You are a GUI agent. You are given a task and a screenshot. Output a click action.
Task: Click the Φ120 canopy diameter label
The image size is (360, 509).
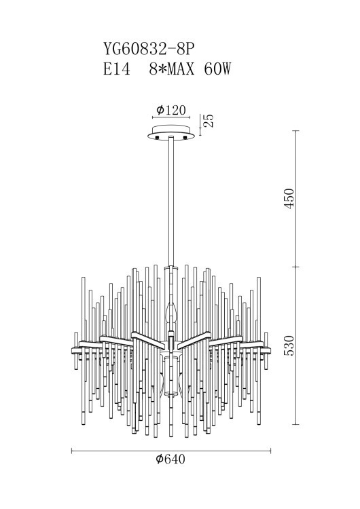tap(170, 111)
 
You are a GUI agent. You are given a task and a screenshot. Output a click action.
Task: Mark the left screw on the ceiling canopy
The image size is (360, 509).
tap(158, 138)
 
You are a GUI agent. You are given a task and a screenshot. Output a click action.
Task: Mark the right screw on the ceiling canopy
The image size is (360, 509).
tap(185, 138)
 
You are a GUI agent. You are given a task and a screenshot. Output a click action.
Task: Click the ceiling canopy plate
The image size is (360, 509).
tap(171, 133)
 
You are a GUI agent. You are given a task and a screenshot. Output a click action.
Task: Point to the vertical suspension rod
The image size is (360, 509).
tap(171, 204)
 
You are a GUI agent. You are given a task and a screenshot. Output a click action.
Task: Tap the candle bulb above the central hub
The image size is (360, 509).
tap(171, 314)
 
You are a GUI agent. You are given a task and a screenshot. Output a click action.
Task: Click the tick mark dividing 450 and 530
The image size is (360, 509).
tap(295, 267)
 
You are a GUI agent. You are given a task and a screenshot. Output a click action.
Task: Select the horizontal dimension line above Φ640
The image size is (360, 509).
tap(171, 450)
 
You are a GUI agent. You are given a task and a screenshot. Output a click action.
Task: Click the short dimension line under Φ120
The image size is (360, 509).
tap(171, 118)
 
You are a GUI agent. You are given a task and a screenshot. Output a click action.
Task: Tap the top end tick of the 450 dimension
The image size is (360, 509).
tap(295, 130)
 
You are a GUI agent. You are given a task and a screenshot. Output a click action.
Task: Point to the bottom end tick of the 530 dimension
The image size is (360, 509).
tap(295, 425)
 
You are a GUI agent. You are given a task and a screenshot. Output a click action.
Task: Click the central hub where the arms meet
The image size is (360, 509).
tap(171, 337)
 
